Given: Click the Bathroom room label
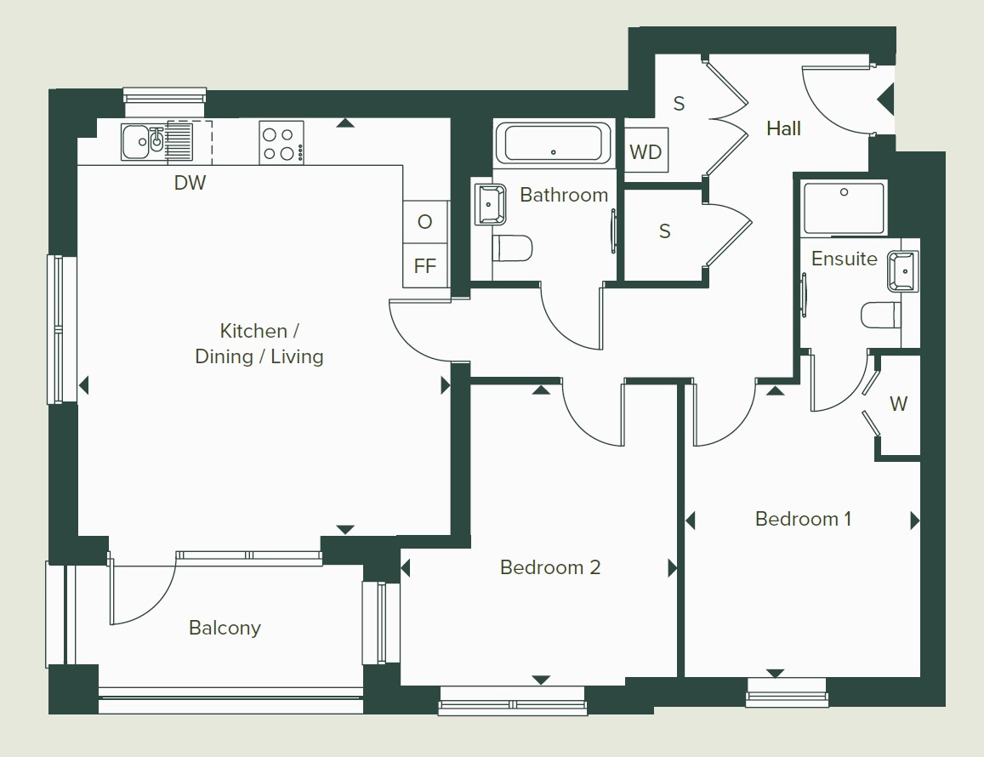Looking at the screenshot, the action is [x=564, y=196].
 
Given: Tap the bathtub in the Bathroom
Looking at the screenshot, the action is [x=553, y=143].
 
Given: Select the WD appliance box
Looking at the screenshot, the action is [x=646, y=151].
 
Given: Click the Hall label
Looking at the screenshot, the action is [x=783, y=128].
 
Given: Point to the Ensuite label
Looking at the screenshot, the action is [x=844, y=259].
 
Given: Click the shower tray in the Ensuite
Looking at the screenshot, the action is [x=844, y=208].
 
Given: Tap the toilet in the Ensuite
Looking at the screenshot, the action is [x=882, y=315].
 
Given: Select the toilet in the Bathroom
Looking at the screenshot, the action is [x=512, y=248].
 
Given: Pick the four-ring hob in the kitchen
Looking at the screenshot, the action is [x=282, y=143].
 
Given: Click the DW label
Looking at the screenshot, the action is [x=190, y=183].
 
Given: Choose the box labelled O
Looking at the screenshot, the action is [x=425, y=222].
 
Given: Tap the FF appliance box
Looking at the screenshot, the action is [x=425, y=266].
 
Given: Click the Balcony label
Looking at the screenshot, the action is [x=225, y=628].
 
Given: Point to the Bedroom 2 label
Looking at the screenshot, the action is [x=550, y=567].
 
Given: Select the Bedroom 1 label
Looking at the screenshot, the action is [x=803, y=519].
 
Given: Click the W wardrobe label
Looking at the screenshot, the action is [x=899, y=404].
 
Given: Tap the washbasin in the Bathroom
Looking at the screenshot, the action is [x=490, y=204].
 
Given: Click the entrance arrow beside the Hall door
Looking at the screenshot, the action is [x=885, y=100].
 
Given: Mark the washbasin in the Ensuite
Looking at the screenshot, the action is [x=903, y=271].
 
